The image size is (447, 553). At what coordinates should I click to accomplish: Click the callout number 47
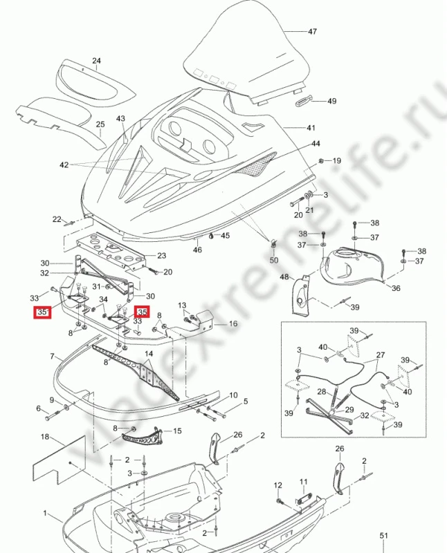pyautogui.click(x=312, y=32)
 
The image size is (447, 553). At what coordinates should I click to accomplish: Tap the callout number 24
pyautogui.click(x=96, y=61)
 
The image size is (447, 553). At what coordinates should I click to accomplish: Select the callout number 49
pyautogui.click(x=332, y=101)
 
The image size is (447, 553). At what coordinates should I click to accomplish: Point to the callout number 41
pyautogui.click(x=311, y=128)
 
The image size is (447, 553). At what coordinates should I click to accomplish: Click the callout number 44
pyautogui.click(x=316, y=144)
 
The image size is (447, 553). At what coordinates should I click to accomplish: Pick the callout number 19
pyautogui.click(x=337, y=161)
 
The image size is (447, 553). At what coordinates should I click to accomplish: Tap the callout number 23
pyautogui.click(x=162, y=255)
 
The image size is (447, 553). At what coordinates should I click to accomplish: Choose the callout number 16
pyautogui.click(x=233, y=324)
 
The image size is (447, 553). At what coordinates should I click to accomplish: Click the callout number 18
pyautogui.click(x=45, y=437)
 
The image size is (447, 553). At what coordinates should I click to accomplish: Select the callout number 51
pyautogui.click(x=384, y=536)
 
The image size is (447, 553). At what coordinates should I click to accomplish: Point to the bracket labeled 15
pyautogui.click(x=141, y=436)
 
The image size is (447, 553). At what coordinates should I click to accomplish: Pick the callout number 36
pyautogui.click(x=396, y=288)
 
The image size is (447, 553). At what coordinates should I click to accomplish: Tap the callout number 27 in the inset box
pyautogui.click(x=381, y=355)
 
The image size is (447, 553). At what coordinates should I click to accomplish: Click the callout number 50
pyautogui.click(x=274, y=261)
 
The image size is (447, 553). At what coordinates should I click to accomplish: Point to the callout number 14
pyautogui.click(x=149, y=354)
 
